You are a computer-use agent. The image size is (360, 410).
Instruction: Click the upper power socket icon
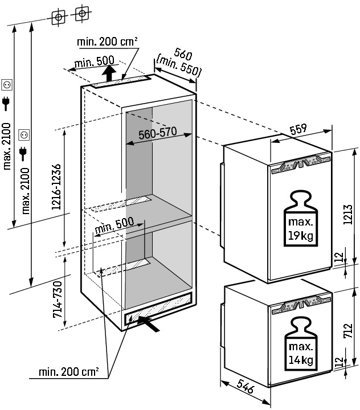coord(7,85)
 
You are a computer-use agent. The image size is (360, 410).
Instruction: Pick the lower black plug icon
coord(23,151)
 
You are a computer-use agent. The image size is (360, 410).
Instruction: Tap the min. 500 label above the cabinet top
coord(94,61)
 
